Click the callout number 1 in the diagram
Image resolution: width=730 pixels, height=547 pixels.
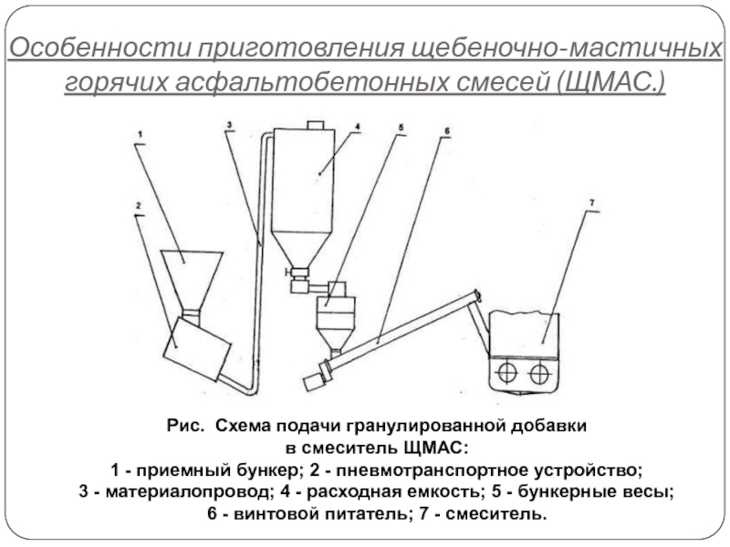click(x=141, y=135)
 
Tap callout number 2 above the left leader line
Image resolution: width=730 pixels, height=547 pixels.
click(x=139, y=206)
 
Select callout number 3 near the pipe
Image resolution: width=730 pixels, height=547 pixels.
click(x=229, y=125)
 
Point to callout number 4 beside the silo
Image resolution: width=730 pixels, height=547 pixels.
click(x=358, y=127)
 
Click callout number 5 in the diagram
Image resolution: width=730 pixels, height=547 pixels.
click(x=401, y=128)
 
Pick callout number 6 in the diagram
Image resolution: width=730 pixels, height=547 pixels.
click(x=447, y=130)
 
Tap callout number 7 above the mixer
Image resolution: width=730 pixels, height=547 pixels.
click(x=591, y=203)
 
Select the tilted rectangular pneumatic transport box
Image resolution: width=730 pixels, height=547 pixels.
click(x=197, y=349)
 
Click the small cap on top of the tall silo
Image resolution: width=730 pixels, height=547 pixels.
click(x=316, y=125)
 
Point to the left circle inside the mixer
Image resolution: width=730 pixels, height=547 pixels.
click(x=507, y=373)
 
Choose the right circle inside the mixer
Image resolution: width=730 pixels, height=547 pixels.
click(x=540, y=373)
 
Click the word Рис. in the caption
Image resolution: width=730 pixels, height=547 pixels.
click(x=185, y=426)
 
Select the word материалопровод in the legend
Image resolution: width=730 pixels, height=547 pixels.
click(x=188, y=491)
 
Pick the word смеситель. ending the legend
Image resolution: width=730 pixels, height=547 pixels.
click(x=495, y=514)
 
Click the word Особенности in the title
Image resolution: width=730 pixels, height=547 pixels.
click(x=100, y=48)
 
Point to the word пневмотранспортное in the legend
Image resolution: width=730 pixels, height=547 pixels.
click(x=432, y=470)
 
